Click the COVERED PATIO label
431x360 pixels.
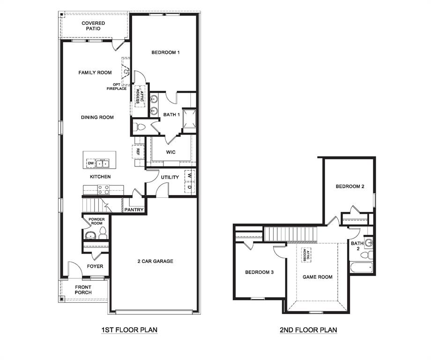(x=93, y=26)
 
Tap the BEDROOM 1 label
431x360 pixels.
(x=165, y=52)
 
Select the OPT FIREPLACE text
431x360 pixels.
(x=117, y=87)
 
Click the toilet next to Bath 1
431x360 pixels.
(x=139, y=126)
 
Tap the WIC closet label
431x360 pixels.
(x=171, y=152)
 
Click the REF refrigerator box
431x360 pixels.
(x=138, y=152)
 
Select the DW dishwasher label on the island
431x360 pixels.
(x=91, y=164)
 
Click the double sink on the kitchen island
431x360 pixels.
(x=102, y=164)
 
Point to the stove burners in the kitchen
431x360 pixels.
(x=103, y=189)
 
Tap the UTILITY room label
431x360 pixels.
(x=170, y=177)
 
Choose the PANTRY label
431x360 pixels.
(x=134, y=210)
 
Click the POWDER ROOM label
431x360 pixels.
(x=97, y=221)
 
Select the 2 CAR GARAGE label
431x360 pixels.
(x=155, y=261)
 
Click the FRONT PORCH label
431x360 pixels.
(x=83, y=290)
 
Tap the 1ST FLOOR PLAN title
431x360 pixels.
(x=129, y=330)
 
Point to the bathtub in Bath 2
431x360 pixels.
(x=361, y=268)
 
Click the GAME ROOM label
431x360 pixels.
(x=317, y=277)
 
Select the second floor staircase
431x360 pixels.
(x=291, y=233)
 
